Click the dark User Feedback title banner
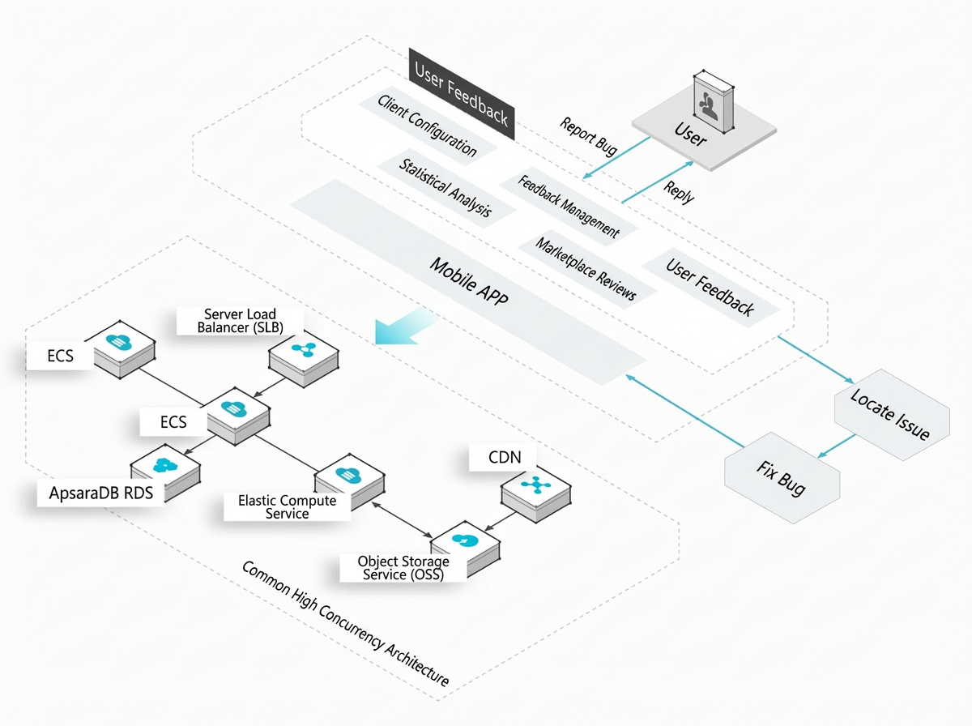click(462, 94)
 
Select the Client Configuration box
click(428, 126)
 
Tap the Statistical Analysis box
click(446, 188)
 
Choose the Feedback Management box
click(569, 207)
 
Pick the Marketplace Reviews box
click(586, 269)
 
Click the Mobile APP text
click(469, 281)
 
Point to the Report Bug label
click(588, 136)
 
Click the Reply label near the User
click(679, 192)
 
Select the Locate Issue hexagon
click(892, 415)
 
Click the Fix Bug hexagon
click(782, 478)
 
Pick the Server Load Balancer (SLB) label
click(240, 321)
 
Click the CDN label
click(505, 457)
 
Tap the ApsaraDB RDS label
click(101, 493)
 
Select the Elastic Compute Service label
click(287, 506)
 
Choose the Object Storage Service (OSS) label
click(403, 567)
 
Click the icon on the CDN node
click(536, 485)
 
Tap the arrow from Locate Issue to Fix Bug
click(837, 446)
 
